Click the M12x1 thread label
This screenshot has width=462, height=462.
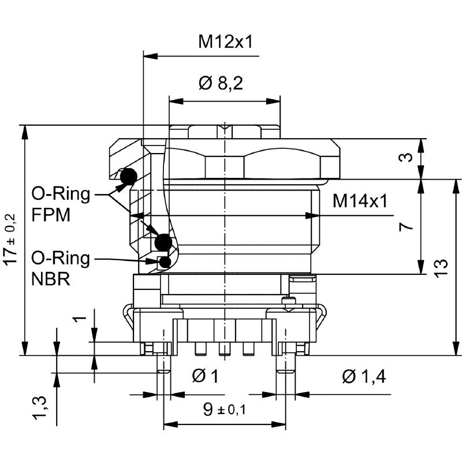point(226,42)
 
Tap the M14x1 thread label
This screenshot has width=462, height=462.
point(360,201)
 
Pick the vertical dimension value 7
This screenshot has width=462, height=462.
point(408,226)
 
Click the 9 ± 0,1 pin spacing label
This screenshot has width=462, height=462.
point(224,409)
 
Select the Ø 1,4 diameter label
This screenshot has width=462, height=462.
point(364,377)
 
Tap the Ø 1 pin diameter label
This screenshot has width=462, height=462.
point(205,377)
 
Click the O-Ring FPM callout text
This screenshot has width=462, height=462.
point(60,204)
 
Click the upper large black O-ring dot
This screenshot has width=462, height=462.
point(128,177)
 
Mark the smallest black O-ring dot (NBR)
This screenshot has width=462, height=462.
point(166,262)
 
